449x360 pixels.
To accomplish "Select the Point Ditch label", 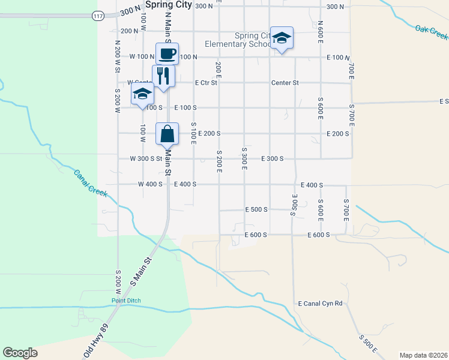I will pos(125,300).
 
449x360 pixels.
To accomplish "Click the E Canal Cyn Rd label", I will pos(320,304).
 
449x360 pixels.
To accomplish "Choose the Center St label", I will pos(285,83).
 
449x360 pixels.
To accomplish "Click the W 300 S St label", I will pos(146,159).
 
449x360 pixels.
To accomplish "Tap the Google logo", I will pos(20,353).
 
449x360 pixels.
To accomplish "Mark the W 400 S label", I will pos(150,184).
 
